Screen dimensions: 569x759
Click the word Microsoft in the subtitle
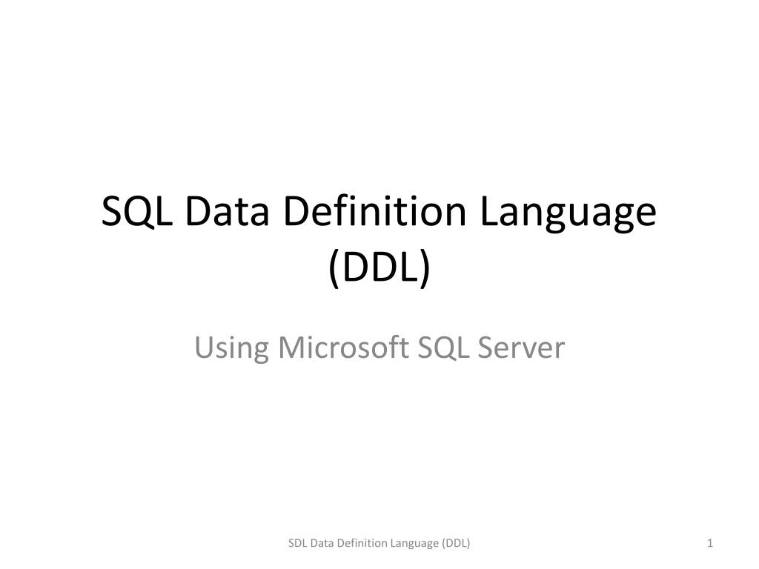(x=339, y=347)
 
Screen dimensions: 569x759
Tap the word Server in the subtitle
(x=521, y=347)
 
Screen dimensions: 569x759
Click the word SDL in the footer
(x=297, y=544)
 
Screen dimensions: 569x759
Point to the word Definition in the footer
(x=360, y=544)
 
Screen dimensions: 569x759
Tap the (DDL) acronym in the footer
(x=456, y=544)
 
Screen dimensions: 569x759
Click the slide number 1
(x=710, y=544)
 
